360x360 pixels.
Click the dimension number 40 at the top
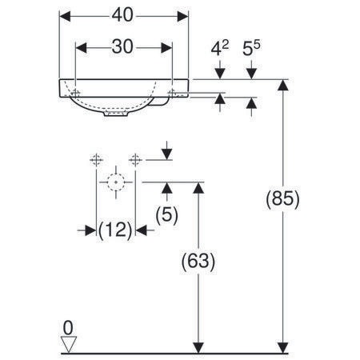(122, 15)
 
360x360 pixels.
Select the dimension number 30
(122, 46)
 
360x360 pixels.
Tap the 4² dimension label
(220, 48)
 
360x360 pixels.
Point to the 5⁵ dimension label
(251, 48)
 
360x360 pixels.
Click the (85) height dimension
(282, 199)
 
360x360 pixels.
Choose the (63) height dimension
(198, 261)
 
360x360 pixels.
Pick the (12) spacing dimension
(115, 230)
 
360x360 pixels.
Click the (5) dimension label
(167, 215)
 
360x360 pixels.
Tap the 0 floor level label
(68, 328)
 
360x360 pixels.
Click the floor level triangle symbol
(69, 344)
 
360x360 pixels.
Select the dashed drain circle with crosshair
(116, 182)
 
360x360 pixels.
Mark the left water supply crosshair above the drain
(96, 160)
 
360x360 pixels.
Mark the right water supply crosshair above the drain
(135, 160)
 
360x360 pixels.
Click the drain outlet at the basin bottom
(116, 114)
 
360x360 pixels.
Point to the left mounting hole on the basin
(76, 93)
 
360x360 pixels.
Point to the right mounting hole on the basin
(172, 93)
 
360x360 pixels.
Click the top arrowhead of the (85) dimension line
(283, 85)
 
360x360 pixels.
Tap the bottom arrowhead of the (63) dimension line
(198, 348)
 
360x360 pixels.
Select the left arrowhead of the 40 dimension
(65, 16)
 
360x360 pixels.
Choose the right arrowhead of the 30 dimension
(166, 48)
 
